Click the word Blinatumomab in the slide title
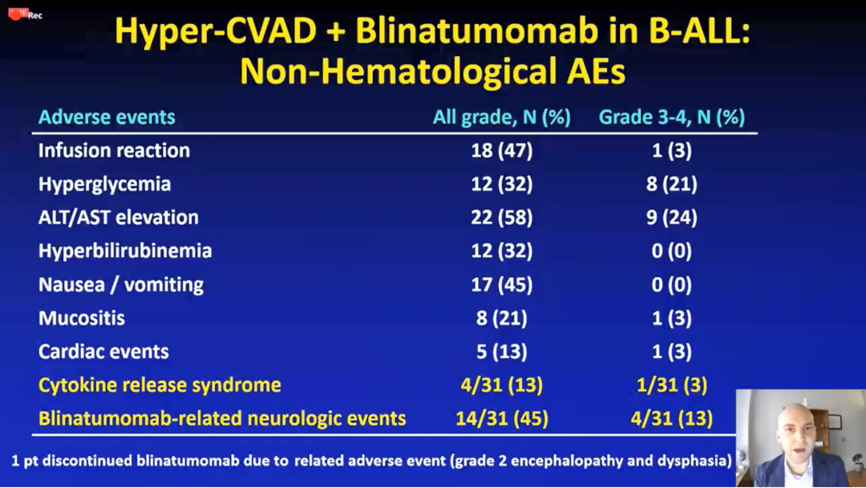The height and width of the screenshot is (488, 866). point(476,30)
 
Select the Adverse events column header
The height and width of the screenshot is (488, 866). point(107,117)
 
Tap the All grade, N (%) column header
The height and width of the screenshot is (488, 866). point(501,117)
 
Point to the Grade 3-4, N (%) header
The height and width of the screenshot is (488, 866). point(672,117)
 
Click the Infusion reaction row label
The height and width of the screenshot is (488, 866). point(114,150)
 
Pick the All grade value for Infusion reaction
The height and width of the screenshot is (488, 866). point(501,150)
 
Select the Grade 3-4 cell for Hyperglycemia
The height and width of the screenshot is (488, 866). point(672,184)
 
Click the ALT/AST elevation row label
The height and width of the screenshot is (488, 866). point(118,217)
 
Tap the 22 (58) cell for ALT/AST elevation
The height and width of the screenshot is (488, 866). point(501,217)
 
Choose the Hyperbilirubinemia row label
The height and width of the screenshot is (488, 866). point(125,251)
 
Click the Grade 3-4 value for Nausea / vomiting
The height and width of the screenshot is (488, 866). point(672,284)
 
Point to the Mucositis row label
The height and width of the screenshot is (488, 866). point(82,318)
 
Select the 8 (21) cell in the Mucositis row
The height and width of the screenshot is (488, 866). point(501,318)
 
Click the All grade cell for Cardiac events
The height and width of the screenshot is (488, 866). point(501,352)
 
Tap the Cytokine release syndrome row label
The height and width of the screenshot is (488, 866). point(160,385)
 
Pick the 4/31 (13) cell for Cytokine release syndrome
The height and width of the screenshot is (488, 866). point(501,385)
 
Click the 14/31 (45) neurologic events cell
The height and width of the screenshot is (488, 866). point(501,419)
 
